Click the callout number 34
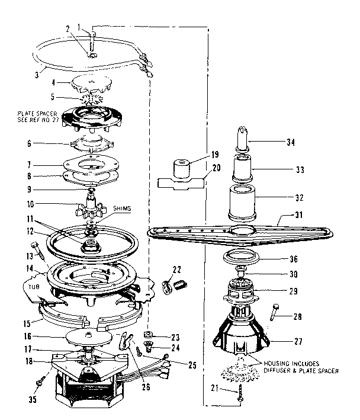point(290,142)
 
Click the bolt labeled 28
point(275,311)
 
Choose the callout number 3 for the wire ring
point(36,75)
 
